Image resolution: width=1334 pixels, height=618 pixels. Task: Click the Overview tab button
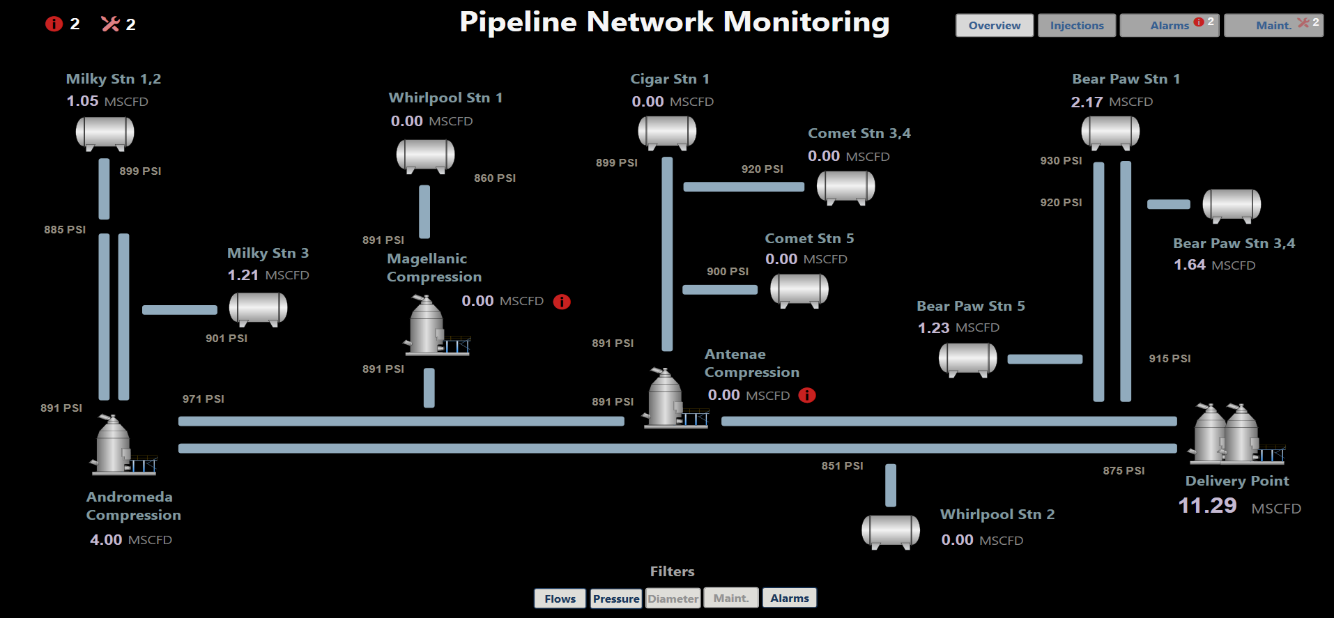(994, 26)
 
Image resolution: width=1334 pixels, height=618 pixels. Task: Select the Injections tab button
(1076, 26)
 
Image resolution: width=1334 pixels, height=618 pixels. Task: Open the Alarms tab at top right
(1169, 26)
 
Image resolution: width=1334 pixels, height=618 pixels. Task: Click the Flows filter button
(560, 598)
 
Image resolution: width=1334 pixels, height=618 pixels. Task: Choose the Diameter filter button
(673, 598)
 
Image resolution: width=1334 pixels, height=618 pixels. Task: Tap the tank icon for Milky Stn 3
(258, 308)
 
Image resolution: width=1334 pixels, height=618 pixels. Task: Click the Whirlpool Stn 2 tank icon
(891, 532)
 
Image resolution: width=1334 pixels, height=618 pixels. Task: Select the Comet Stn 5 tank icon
(799, 290)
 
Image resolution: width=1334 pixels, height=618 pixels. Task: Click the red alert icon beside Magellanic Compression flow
(562, 302)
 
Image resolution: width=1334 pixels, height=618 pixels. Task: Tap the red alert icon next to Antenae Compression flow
(807, 396)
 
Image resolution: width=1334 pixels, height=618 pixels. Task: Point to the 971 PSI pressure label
(203, 399)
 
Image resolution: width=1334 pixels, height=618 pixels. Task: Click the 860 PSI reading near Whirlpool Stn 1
(495, 178)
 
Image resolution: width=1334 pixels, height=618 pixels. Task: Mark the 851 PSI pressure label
(842, 466)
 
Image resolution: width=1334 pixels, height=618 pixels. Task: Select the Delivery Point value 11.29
(1207, 506)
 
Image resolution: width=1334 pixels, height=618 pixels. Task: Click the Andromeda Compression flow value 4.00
(106, 540)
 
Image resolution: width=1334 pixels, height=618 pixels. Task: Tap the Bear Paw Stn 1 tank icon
(1110, 132)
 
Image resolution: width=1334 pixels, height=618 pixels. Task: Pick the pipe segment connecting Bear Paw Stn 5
(1045, 360)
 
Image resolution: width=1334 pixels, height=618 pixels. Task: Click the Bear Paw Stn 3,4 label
(1234, 244)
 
